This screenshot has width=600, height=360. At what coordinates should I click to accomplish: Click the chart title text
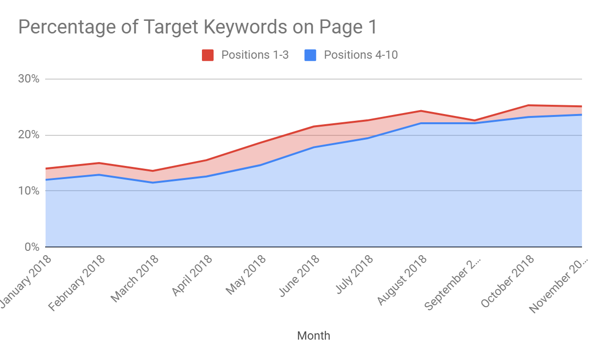pos(197,27)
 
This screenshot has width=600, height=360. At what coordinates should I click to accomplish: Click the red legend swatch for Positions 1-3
pos(208,55)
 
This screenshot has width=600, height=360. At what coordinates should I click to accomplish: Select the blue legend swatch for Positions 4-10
pos(311,55)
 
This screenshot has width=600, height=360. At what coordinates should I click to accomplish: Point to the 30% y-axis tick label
pos(29,79)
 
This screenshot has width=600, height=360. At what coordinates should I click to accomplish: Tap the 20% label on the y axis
pos(29,135)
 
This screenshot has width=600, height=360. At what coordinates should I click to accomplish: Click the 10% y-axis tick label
pos(29,191)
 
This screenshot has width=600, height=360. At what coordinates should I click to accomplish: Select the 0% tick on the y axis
pos(32,247)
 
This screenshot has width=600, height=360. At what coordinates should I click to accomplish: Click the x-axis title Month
pos(314,335)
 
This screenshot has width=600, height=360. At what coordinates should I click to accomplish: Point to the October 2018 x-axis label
pos(507,280)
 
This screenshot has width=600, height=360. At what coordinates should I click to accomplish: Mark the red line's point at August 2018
pos(421,111)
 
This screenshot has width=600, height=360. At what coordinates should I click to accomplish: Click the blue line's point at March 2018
pos(153,182)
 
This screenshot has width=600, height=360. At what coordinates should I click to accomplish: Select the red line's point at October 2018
pos(528,105)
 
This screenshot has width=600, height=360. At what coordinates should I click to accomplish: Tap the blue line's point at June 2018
pos(314,147)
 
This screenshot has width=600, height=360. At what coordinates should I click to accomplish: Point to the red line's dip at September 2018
pos(474,120)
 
